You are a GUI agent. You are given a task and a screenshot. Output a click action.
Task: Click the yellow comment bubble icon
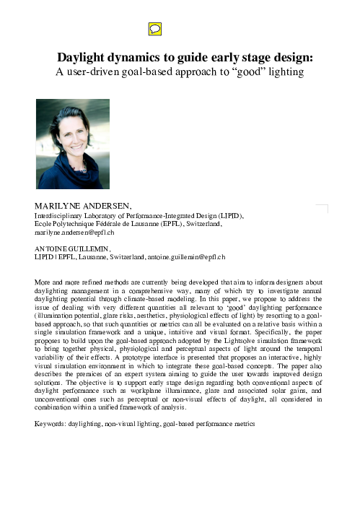tap(154, 29)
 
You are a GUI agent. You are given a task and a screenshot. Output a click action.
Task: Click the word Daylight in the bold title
tap(82, 57)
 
